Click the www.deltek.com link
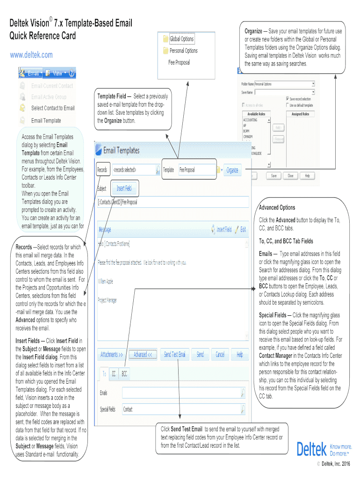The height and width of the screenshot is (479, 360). (x=31, y=55)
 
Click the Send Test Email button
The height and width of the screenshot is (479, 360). (x=175, y=355)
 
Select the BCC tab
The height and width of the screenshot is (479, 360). (x=124, y=374)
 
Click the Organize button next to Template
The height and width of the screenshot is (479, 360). (x=232, y=170)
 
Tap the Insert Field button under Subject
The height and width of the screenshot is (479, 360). (x=124, y=189)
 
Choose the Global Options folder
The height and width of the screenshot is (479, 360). (x=181, y=39)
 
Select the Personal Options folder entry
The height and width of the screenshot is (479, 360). (x=183, y=51)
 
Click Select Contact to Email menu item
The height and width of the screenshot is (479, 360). (x=52, y=108)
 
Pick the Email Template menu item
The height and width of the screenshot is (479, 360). (x=46, y=121)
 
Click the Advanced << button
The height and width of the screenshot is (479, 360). (x=143, y=355)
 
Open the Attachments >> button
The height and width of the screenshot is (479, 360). (x=111, y=355)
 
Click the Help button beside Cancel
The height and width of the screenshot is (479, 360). (x=239, y=355)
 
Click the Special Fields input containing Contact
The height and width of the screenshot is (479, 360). (x=180, y=409)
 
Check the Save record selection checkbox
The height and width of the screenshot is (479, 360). (x=287, y=99)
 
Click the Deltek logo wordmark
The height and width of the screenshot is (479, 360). (x=311, y=450)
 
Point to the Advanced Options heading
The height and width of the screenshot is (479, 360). (x=277, y=208)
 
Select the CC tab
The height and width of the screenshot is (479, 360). (x=114, y=374)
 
